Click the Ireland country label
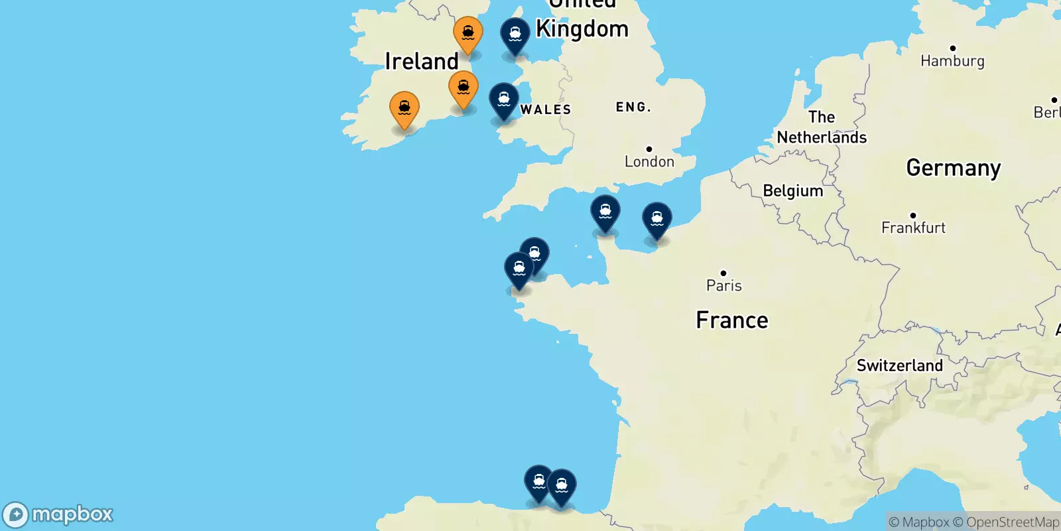[x=422, y=62]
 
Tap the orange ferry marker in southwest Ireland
[x=404, y=109]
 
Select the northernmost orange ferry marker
[x=468, y=34]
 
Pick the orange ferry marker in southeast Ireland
[x=464, y=89]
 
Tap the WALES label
[x=546, y=110]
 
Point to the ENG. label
[x=633, y=107]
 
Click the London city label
[x=649, y=161]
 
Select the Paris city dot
[x=723, y=273]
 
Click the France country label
[x=732, y=321]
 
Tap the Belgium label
[x=792, y=191]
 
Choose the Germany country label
[x=953, y=168]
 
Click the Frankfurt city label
[x=913, y=228]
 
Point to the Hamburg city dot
[x=953, y=48]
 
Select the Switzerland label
[x=899, y=366]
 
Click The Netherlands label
[x=822, y=127]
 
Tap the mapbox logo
[x=58, y=514]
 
